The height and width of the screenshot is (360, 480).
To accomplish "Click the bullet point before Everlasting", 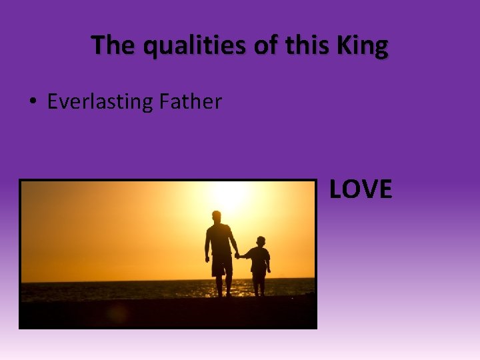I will coord(33,102).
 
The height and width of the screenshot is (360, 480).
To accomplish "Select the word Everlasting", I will coord(100,102).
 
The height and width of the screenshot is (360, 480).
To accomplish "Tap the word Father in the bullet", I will coord(190,102).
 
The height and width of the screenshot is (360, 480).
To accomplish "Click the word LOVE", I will coord(361,190).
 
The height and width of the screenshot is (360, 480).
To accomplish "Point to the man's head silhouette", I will coord(217,217).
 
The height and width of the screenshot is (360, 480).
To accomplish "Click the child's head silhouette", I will coord(260,241).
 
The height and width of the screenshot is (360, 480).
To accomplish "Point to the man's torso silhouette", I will coord(219,241).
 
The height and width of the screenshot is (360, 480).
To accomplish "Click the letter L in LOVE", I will coord(336,190).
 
